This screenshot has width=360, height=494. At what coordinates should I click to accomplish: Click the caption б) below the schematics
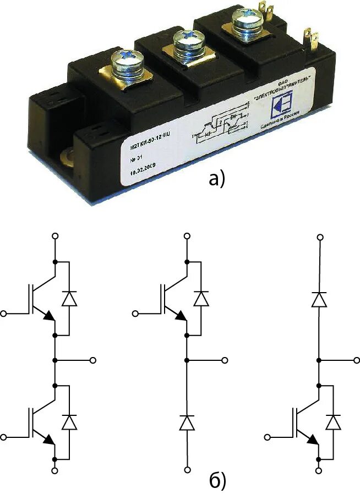(x=218, y=480)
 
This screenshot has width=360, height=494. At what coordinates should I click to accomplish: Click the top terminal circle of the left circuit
(x=55, y=236)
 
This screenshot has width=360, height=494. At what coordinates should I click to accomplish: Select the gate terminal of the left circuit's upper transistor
(x=5, y=314)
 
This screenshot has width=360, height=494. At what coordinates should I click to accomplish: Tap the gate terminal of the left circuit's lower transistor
(x=5, y=437)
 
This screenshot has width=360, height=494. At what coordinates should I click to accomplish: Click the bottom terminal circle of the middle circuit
(x=187, y=470)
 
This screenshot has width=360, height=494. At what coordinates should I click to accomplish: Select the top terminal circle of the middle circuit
(x=187, y=236)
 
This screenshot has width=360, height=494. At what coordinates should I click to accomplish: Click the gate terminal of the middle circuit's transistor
(x=137, y=314)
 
